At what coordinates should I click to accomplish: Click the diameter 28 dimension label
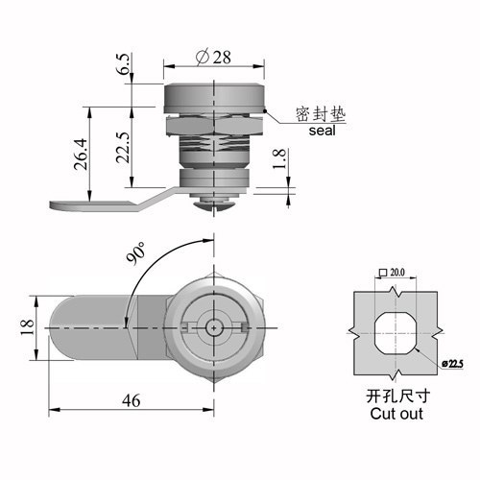(x=213, y=58)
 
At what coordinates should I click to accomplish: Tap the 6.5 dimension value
(x=124, y=64)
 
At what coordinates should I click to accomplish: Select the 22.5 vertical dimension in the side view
(x=124, y=147)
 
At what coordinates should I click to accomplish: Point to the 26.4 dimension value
(x=81, y=154)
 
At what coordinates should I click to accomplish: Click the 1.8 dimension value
(x=279, y=158)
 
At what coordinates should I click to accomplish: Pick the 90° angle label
(x=135, y=253)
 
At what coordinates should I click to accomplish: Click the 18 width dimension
(x=28, y=327)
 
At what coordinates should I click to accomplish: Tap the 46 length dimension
(x=132, y=400)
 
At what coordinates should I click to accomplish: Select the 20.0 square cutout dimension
(x=392, y=273)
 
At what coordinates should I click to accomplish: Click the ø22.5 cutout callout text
(x=452, y=364)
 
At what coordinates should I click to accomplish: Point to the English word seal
(x=322, y=131)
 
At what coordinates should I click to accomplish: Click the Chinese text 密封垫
(x=321, y=114)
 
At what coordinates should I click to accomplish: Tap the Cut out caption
(x=396, y=414)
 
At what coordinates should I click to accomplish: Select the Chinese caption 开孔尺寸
(x=398, y=396)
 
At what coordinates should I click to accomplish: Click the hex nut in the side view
(x=214, y=126)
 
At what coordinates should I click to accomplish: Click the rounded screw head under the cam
(x=213, y=204)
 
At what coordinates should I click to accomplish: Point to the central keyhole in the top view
(x=213, y=327)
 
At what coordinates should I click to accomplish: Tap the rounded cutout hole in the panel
(x=396, y=333)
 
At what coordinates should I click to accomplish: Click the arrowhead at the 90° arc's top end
(x=208, y=240)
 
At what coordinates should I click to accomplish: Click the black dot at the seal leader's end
(x=265, y=111)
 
